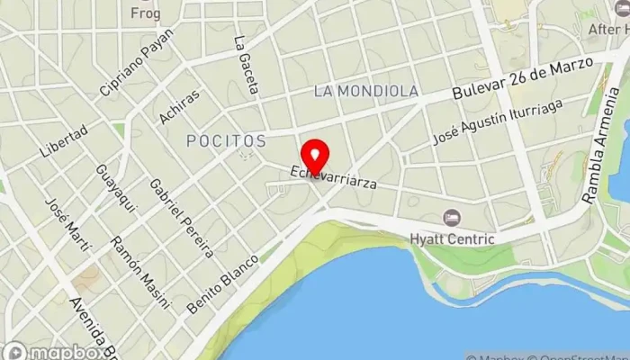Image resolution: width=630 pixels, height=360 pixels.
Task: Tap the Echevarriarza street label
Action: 332,176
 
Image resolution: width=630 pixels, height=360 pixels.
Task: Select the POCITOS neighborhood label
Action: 227,141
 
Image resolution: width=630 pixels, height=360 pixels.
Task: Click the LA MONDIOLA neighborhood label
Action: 366,91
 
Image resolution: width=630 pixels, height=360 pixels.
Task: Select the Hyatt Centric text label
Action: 452,238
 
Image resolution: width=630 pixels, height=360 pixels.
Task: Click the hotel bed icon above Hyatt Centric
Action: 452,218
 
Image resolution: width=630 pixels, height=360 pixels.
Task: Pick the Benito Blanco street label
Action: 222,283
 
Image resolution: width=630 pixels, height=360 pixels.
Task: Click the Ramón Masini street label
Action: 139,272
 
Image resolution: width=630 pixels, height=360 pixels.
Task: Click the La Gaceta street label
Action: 246,65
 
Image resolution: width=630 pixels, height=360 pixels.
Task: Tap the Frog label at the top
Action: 145,13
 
